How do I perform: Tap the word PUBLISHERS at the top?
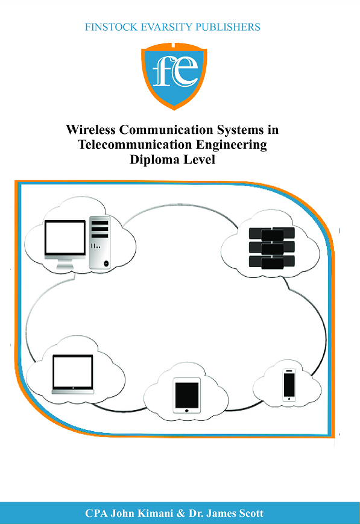(x=230, y=27)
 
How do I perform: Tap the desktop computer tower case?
(x=99, y=241)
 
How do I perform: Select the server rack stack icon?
(x=271, y=248)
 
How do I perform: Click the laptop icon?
(x=72, y=374)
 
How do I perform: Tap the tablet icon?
(x=186, y=396)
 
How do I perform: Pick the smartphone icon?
(x=289, y=384)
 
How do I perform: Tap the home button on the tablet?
(x=186, y=410)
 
